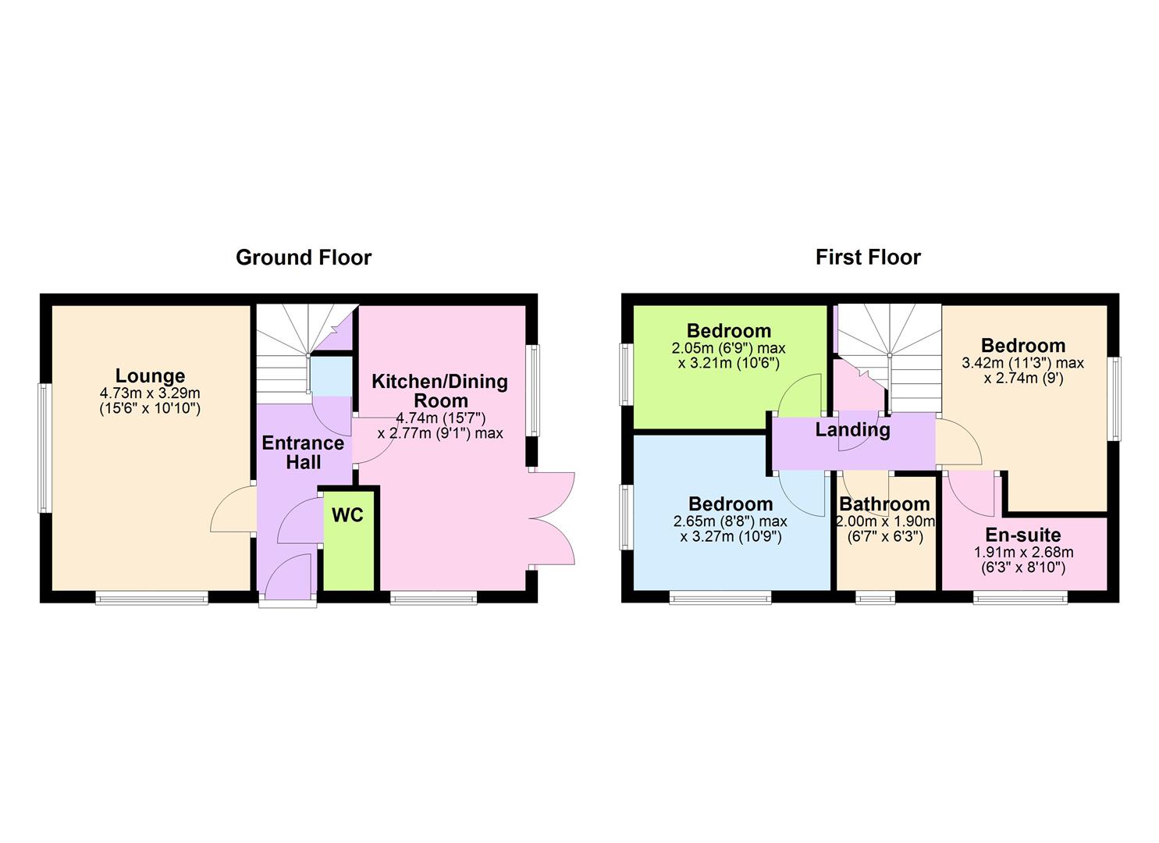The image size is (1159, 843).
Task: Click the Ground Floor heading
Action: (x=304, y=258)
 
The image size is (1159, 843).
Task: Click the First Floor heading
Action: (x=868, y=257)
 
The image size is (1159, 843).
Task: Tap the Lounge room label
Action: (x=150, y=376)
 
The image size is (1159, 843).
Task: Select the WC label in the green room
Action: (x=347, y=516)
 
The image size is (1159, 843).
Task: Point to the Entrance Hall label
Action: (x=303, y=453)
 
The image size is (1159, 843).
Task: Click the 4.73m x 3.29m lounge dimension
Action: (x=150, y=393)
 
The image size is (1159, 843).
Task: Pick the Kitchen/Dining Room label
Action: (x=439, y=390)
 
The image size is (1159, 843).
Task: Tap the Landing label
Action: (x=852, y=429)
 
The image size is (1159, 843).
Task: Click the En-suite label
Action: (x=1022, y=535)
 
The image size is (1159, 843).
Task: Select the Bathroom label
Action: (x=883, y=505)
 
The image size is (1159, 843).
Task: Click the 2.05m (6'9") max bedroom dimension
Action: (x=728, y=348)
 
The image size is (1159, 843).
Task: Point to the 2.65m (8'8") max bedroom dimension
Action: (x=730, y=521)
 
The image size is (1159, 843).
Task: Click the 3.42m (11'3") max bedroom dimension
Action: (x=1022, y=363)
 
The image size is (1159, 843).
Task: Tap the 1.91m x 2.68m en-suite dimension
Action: (x=1022, y=553)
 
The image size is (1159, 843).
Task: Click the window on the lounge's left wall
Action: (x=44, y=448)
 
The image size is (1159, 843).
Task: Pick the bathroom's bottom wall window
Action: (x=876, y=598)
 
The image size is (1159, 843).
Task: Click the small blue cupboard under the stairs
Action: (x=329, y=377)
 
